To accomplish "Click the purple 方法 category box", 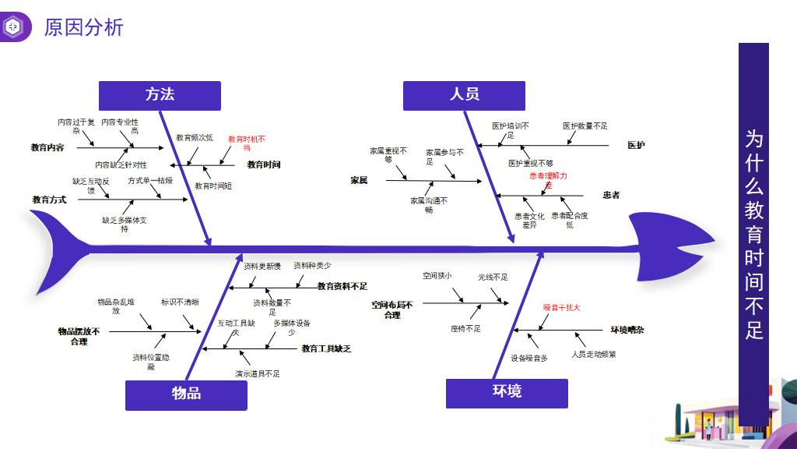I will tap(160, 95).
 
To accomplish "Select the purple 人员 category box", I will tap(464, 95).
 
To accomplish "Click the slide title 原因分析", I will tap(84, 28).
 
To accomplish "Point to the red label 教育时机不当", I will tap(246, 143).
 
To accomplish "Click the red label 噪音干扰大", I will tap(561, 308).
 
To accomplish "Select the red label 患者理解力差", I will tap(548, 180).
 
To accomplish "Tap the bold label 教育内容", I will tap(47, 147).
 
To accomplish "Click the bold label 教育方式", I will tap(49, 200).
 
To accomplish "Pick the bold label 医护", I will tap(636, 145).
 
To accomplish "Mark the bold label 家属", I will tap(359, 180).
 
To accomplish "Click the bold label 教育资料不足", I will tap(342, 286).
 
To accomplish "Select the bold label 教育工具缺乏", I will tap(326, 348).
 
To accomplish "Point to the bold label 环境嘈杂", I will tap(627, 330).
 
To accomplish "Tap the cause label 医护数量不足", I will tap(585, 126).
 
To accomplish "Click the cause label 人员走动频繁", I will tap(593, 354).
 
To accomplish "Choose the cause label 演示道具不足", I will tap(258, 373).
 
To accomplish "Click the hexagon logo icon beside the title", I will tap(14, 28).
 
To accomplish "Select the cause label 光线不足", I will tap(493, 277).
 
